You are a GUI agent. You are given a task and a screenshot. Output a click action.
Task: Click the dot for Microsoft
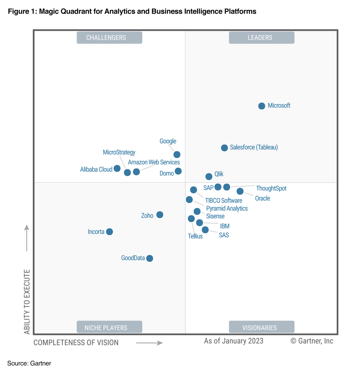[x=262, y=106]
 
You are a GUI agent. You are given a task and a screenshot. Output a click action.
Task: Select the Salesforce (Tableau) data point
[x=224, y=148]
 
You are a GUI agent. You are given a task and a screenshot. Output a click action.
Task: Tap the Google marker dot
[x=177, y=155]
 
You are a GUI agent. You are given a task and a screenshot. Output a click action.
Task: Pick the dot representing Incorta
[x=109, y=232]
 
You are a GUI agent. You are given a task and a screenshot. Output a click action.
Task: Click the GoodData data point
[x=149, y=258]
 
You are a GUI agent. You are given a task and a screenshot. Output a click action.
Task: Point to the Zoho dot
[x=160, y=215]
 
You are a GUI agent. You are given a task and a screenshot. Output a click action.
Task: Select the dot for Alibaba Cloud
[x=117, y=169]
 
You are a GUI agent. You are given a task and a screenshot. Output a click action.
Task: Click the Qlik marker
[x=209, y=177]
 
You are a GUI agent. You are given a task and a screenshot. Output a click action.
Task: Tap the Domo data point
[x=178, y=171]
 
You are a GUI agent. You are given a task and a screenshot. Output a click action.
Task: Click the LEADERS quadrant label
[x=261, y=38]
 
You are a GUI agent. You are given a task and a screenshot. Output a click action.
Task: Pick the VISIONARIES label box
[x=261, y=327]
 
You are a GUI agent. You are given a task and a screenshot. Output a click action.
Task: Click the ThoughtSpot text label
[x=271, y=188]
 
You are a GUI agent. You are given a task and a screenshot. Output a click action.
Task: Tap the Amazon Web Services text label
[x=154, y=162]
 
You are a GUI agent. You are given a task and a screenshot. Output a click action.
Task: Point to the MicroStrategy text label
[x=119, y=152]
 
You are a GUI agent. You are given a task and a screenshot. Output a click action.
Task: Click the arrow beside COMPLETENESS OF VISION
[x=149, y=343]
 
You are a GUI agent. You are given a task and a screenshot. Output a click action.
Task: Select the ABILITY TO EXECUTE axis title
[x=27, y=302]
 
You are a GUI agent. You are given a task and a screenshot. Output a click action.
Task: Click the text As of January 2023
[x=233, y=341]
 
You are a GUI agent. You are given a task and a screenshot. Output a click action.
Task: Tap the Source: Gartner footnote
[x=29, y=364]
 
